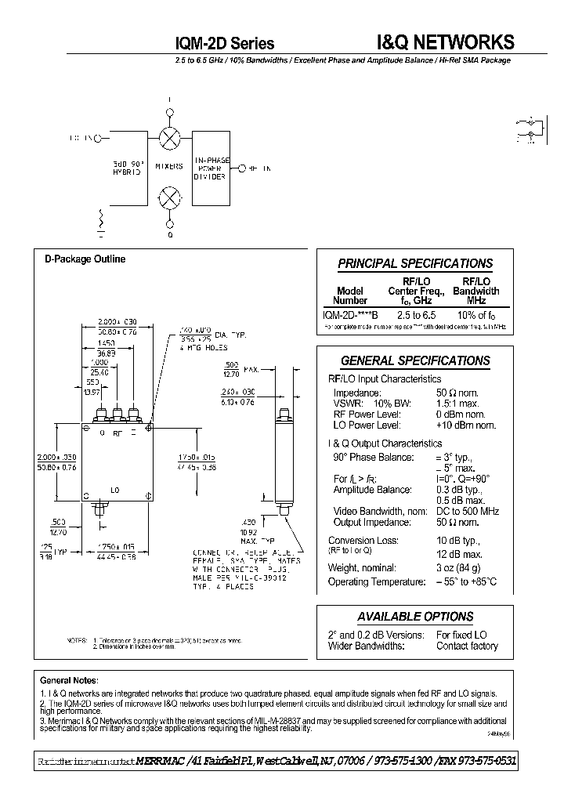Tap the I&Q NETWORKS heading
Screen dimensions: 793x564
click(x=440, y=42)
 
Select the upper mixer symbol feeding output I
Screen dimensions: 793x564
click(x=168, y=139)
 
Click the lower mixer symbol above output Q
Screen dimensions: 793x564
click(x=168, y=197)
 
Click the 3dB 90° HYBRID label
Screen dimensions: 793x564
click(x=126, y=167)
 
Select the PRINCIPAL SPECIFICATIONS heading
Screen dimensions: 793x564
click(x=415, y=264)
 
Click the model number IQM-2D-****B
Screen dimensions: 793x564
click(x=350, y=314)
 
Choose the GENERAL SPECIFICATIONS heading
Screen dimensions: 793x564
click(x=415, y=360)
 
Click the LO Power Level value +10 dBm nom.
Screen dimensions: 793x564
click(x=465, y=425)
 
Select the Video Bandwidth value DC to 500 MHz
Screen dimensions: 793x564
click(x=469, y=511)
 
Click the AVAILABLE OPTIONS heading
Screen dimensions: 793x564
click(x=415, y=617)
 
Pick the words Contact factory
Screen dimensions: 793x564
click(x=467, y=646)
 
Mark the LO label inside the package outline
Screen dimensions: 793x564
click(x=114, y=489)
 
